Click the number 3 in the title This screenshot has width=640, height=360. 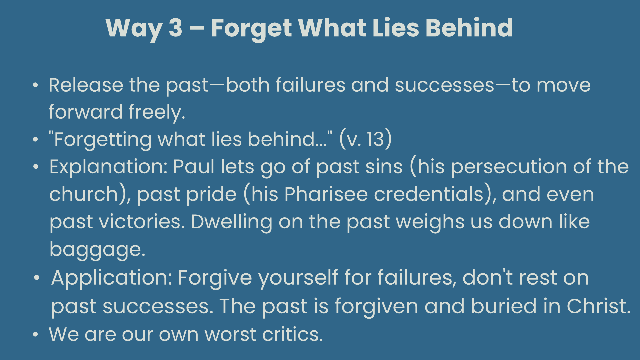click(x=175, y=28)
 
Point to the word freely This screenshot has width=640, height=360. click(x=156, y=112)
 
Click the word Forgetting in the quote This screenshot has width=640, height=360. click(x=102, y=140)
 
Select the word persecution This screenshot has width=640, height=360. click(x=509, y=167)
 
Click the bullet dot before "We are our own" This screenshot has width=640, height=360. click(x=36, y=334)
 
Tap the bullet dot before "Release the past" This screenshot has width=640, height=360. click(x=36, y=85)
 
